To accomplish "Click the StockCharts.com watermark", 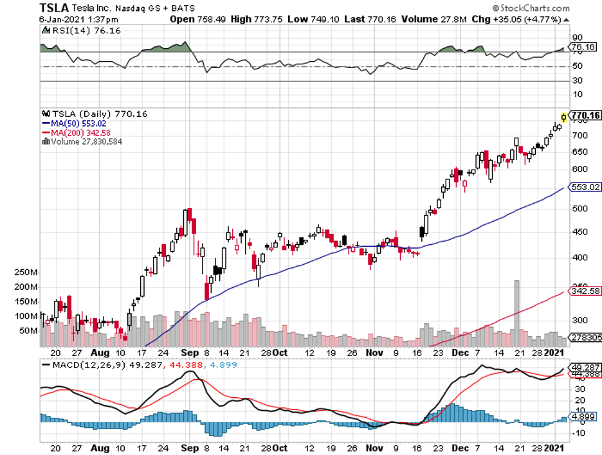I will (532, 8).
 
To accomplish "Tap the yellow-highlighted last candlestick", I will (563, 117).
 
